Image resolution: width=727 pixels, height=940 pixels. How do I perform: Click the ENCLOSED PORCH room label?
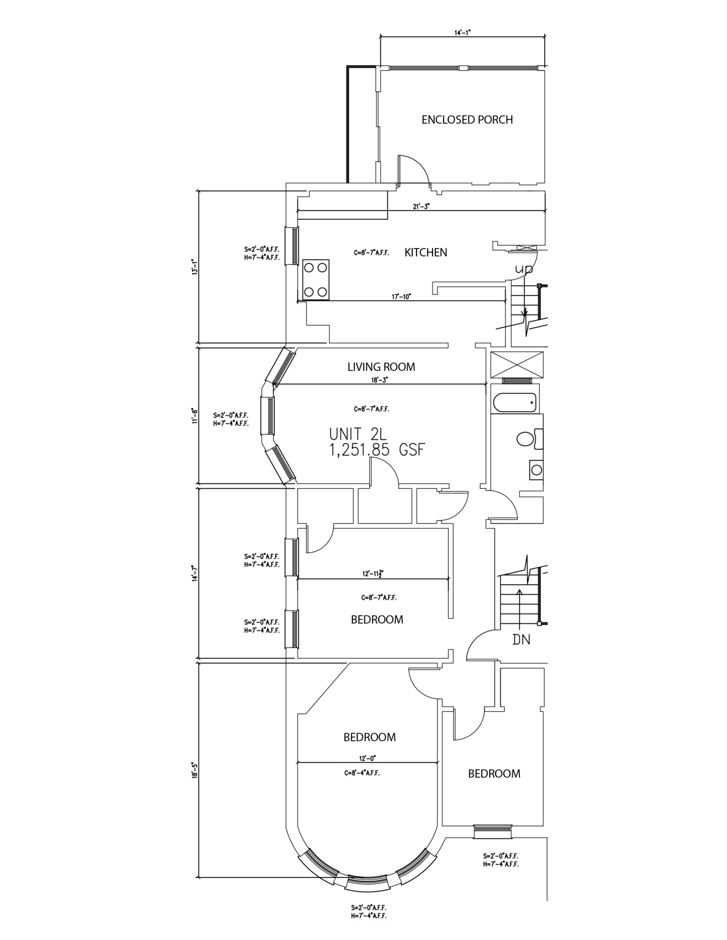(x=467, y=120)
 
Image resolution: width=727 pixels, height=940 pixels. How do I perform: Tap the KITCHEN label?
(x=425, y=252)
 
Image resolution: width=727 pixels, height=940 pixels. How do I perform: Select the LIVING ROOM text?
(x=381, y=367)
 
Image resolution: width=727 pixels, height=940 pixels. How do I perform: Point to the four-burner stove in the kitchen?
(x=316, y=280)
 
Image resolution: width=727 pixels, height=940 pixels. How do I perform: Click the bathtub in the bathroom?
(x=514, y=403)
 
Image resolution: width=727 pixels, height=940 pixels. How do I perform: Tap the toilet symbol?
(x=528, y=439)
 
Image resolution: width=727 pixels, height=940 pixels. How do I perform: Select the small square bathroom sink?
(x=535, y=470)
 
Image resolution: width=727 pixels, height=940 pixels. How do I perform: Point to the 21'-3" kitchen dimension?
(x=421, y=207)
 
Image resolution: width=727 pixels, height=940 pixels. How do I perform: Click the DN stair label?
(x=521, y=639)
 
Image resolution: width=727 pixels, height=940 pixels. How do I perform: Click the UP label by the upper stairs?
(x=524, y=269)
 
